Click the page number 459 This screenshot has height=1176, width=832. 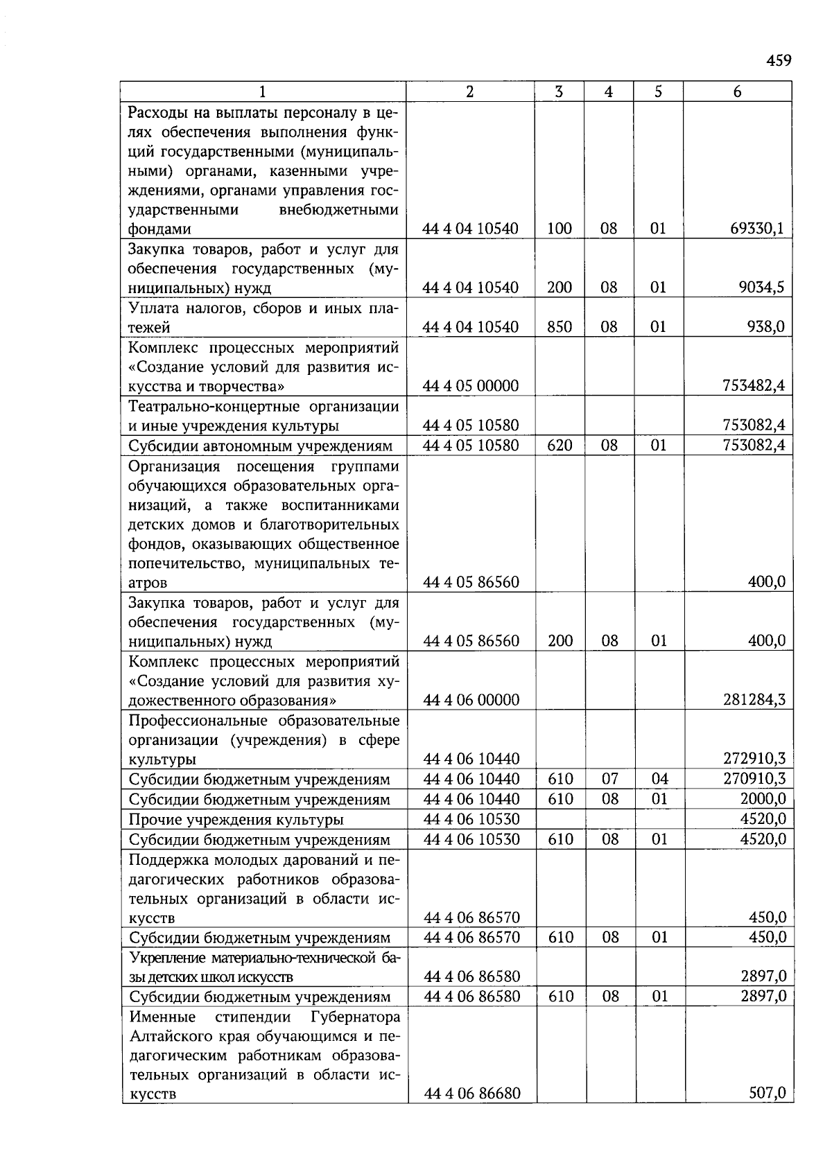pos(779,61)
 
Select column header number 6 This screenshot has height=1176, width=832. pos(737,91)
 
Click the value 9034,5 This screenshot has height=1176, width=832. pos(761,288)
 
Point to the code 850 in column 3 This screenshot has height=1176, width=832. pos(559,327)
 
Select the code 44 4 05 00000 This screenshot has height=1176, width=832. pos(471,386)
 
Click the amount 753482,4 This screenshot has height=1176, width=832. pos(754,386)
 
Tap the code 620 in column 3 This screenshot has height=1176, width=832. pos(559,445)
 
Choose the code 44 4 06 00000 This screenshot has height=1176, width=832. pos(471,700)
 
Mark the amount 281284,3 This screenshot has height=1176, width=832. pos(754,700)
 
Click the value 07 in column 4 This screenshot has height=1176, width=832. pos(609,779)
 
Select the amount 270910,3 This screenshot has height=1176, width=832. pos(754,779)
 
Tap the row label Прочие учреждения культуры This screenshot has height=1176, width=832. pos(236,820)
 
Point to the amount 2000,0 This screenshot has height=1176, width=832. pos(763,799)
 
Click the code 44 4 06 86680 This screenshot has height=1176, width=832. pos(471,1094)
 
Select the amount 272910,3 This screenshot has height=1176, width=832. pos(754,759)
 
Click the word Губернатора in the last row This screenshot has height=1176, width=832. pos(355,1017)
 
